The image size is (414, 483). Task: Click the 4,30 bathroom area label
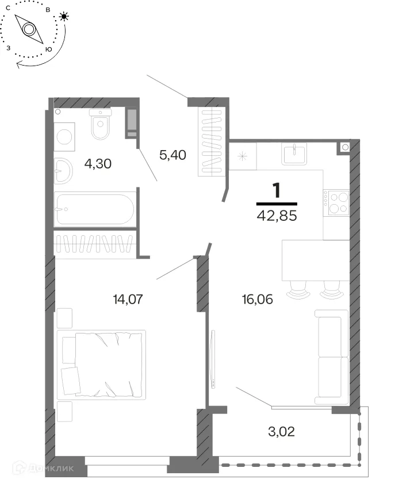click(x=98, y=164)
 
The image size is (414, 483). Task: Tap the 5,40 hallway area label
click(x=172, y=155)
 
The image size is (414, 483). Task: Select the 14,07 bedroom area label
click(x=128, y=299)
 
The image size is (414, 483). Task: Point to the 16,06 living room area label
click(x=258, y=300)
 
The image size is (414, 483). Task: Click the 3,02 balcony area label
click(x=282, y=432)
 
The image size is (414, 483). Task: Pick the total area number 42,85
click(x=277, y=216)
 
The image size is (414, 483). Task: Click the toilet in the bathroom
click(x=101, y=124)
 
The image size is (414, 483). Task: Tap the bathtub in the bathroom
click(x=95, y=209)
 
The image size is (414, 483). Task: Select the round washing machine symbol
click(x=64, y=136)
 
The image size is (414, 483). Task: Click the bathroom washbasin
click(x=63, y=171)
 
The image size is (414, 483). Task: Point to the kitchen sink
click(x=294, y=154)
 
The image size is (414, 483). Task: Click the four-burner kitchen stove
click(x=336, y=203)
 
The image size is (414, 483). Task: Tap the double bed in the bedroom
click(x=101, y=365)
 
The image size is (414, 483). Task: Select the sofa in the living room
click(x=331, y=357)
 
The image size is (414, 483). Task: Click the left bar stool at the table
click(x=298, y=290)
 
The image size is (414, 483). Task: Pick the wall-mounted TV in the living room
click(x=213, y=359)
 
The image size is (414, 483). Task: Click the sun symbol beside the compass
click(x=64, y=16)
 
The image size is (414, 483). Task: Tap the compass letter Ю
click(x=48, y=49)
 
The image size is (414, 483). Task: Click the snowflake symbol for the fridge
click(x=243, y=156)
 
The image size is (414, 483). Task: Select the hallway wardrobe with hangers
click(x=212, y=143)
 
